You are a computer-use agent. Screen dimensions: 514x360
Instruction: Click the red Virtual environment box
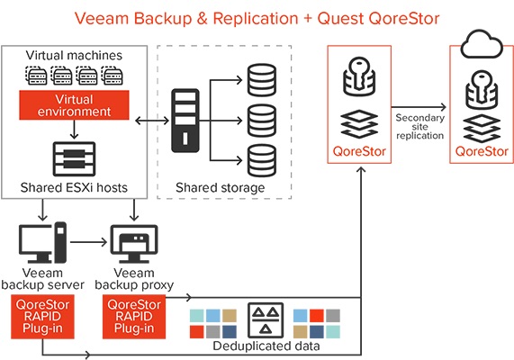pos(74,105)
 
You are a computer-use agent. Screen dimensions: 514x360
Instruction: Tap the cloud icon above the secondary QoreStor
pos(482,45)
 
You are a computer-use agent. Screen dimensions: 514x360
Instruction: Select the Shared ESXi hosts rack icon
pos(74,159)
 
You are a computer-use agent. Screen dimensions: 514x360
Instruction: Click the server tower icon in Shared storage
pos(185,121)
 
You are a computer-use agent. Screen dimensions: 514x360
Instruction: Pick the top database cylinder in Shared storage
pos(262,80)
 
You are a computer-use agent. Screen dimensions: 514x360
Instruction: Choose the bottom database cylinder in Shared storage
pos(262,161)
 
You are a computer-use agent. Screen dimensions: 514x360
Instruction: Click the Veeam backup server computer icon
pos(42,243)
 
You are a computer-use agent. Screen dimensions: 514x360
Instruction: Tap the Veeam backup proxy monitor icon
pos(134,244)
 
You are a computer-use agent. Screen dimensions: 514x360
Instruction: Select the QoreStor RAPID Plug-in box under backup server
pos(42,317)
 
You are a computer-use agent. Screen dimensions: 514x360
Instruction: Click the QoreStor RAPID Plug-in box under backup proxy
pos(134,317)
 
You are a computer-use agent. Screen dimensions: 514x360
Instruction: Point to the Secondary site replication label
pos(419,127)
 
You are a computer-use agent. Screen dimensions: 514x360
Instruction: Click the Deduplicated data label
pos(266,346)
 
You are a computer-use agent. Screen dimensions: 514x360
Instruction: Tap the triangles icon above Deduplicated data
pos(266,320)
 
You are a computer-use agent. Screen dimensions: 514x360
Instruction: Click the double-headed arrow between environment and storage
pos(152,121)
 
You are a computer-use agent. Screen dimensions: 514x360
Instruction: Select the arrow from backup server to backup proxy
pos(88,242)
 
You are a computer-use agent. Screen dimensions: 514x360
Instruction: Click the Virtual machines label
pos(74,56)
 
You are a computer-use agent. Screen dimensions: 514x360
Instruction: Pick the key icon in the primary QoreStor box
pos(359,76)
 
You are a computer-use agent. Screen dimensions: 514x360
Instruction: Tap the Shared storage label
pos(221,188)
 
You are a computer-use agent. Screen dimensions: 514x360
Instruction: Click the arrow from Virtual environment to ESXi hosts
pos(75,130)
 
